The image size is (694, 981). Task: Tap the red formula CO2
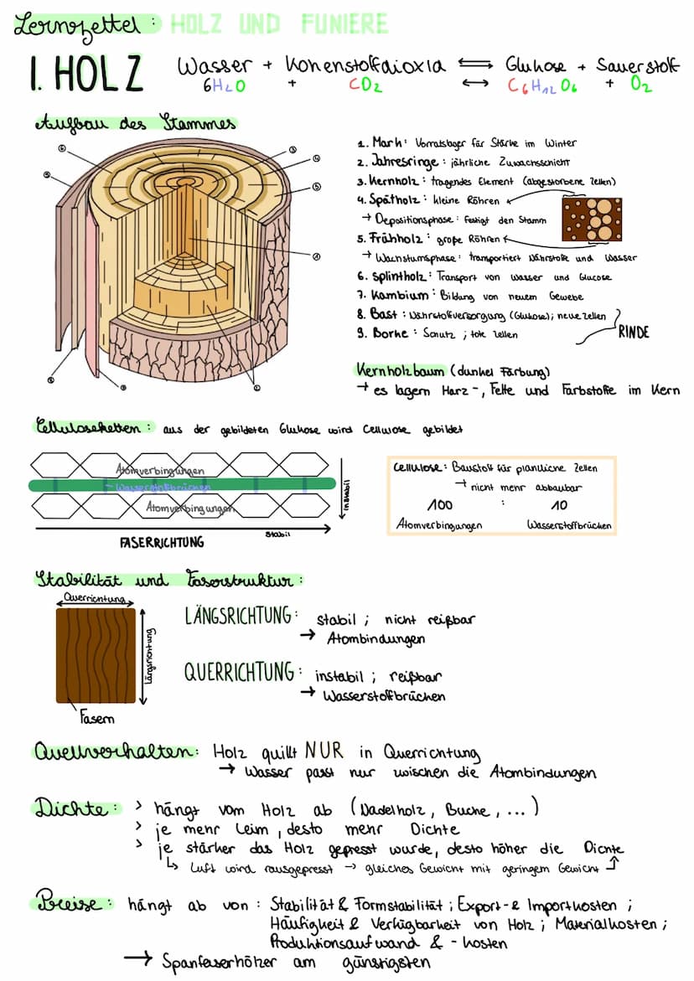(365, 85)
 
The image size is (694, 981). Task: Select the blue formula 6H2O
(224, 85)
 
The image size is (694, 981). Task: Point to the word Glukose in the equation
(536, 65)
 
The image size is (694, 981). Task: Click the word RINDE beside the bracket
(634, 332)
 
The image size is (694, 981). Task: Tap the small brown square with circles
(593, 219)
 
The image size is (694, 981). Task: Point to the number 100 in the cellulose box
(439, 504)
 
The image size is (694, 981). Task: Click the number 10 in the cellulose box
(558, 504)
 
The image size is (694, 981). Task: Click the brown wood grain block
(96, 655)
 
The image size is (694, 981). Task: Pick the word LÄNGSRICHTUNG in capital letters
(239, 617)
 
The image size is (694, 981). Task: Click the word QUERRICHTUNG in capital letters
(239, 672)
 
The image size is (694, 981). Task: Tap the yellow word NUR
(324, 749)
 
